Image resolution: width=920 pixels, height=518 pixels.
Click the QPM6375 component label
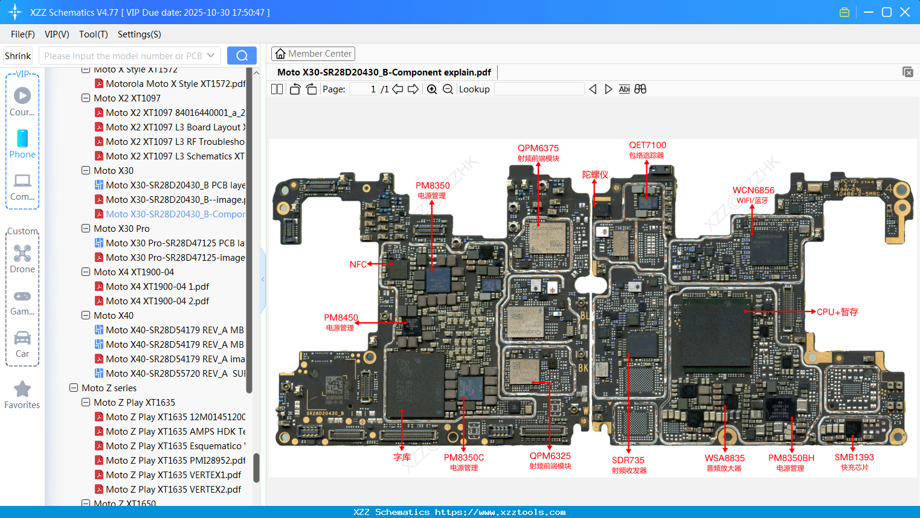538,149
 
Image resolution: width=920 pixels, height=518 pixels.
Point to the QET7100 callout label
647,145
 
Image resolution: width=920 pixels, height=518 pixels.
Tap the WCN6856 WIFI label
753,191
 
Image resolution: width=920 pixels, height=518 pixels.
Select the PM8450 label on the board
341,318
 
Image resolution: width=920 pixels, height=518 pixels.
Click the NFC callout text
358,264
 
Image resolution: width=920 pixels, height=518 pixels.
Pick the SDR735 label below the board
628,461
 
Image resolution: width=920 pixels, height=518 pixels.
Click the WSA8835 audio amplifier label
724,458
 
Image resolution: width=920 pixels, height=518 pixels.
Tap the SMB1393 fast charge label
854,458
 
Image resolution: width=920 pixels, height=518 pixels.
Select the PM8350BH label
791,458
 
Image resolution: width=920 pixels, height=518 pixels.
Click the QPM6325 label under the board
550,456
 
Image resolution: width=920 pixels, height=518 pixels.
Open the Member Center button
313,54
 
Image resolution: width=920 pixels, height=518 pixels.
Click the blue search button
242,56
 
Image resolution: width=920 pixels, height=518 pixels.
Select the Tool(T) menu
93,34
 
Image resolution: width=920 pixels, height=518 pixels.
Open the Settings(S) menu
139,34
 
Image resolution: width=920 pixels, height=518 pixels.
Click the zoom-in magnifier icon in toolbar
432,89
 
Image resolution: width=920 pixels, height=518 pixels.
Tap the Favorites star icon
22,389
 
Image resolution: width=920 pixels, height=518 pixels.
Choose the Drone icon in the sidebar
22,254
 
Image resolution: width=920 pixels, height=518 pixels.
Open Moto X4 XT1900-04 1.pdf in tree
157,287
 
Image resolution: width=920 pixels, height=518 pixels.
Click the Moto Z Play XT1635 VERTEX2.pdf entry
173,490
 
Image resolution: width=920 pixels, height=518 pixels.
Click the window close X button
904,12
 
